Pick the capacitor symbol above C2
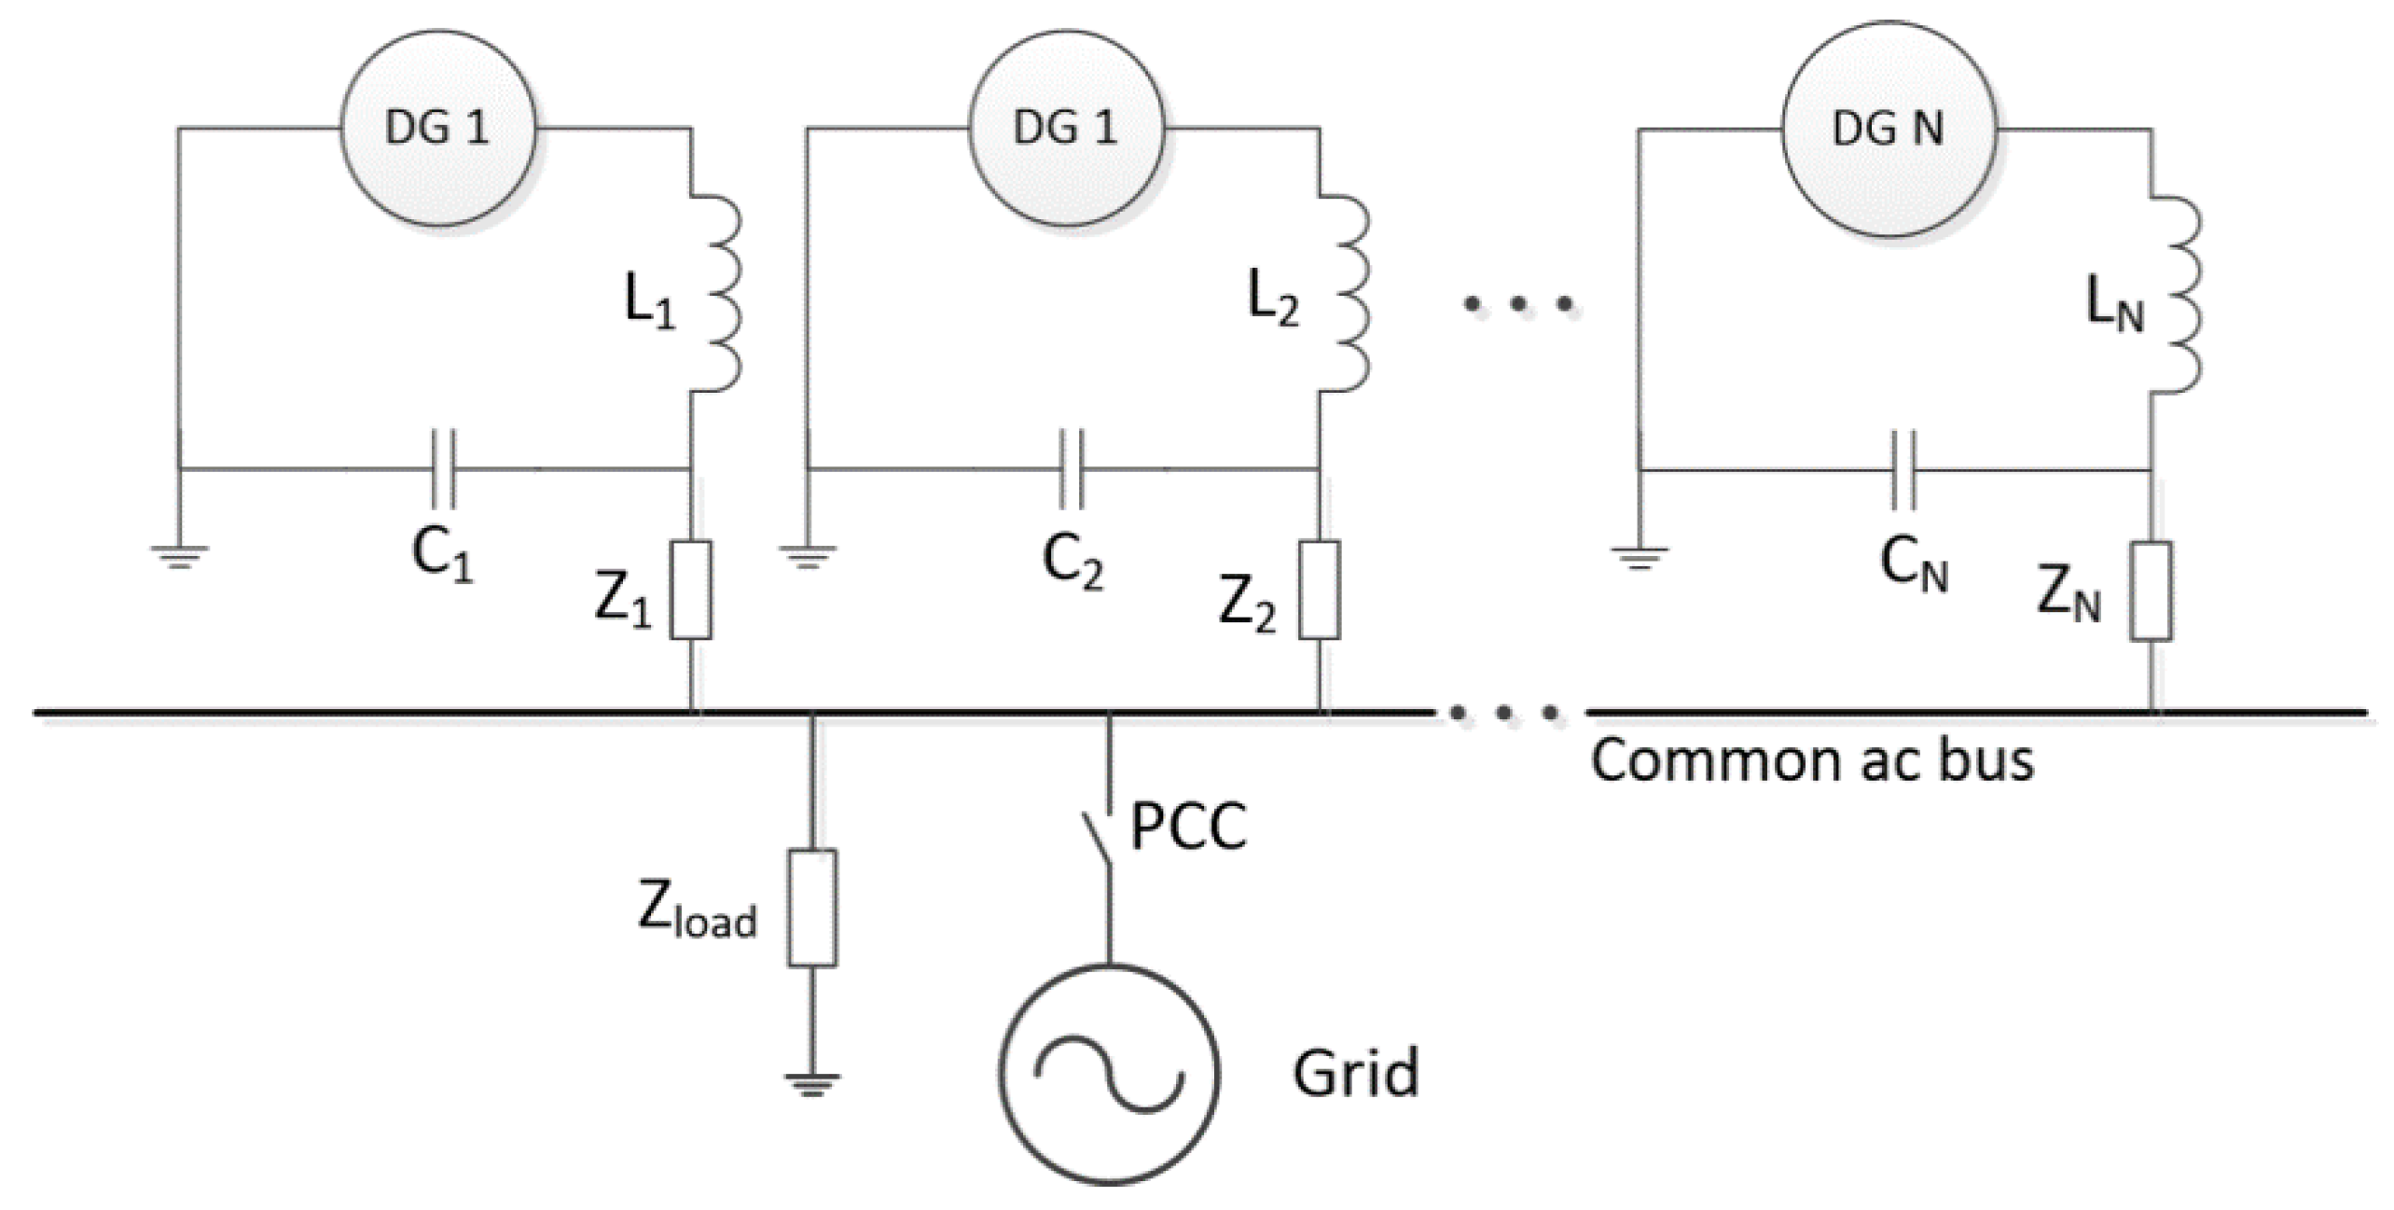coord(1072,468)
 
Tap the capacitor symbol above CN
coord(1903,470)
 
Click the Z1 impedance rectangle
coord(691,590)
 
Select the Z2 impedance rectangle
coord(1320,590)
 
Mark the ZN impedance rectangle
coord(2151,591)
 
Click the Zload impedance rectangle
coord(812,908)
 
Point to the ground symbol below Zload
coord(812,1084)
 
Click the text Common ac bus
coord(1811,760)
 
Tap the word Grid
coord(1355,1073)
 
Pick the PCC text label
coord(1188,827)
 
